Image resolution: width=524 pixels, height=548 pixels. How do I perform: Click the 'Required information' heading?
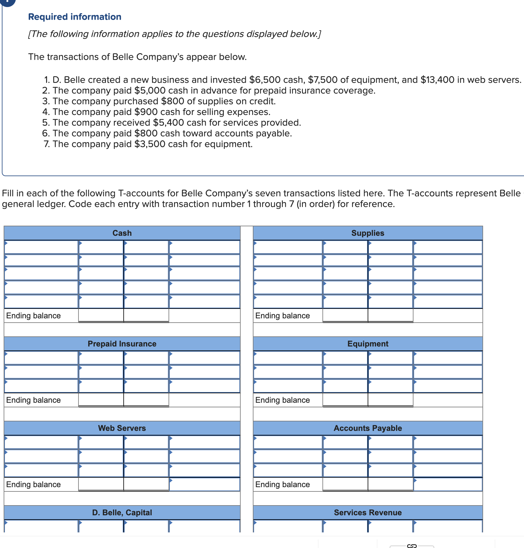pos(75,17)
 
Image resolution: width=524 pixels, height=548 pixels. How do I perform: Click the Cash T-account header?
pos(122,233)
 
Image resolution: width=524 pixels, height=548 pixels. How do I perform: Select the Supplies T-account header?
pos(368,233)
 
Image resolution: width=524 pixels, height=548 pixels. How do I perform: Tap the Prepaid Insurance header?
pos(122,344)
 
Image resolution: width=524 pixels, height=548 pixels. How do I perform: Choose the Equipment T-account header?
pos(368,344)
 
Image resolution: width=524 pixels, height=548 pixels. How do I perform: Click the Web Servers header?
pos(122,428)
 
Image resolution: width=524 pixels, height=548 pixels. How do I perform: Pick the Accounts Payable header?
pos(368,428)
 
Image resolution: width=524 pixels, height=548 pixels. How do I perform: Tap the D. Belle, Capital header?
pos(122,513)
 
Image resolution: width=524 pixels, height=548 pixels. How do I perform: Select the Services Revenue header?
pos(368,513)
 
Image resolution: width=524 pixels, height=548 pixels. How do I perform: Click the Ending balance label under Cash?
pos(34,316)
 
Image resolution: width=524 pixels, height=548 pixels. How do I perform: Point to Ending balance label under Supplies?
pos(282,316)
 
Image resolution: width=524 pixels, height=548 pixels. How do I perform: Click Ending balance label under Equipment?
pos(282,400)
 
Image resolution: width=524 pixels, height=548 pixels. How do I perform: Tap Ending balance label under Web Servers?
pos(34,484)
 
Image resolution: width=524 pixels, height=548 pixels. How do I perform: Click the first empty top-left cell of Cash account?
pos(41,247)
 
